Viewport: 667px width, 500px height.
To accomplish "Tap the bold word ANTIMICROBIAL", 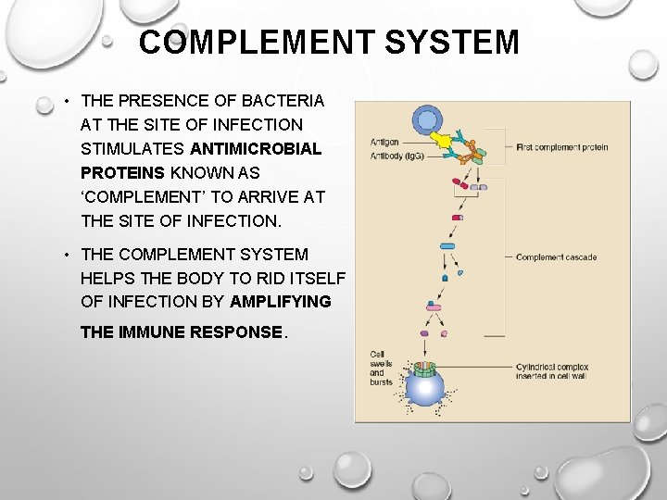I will (256, 148).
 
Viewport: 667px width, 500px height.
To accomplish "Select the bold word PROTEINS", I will (123, 172).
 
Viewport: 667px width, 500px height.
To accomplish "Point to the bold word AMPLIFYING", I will (281, 302).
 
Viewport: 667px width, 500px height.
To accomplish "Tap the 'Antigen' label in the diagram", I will (384, 142).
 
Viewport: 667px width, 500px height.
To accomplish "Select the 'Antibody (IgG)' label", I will (396, 156).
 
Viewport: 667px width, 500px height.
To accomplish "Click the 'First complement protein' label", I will (561, 147).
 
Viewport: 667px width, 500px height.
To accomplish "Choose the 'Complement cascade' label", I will (556, 257).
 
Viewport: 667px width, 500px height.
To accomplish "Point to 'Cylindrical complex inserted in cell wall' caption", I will (554, 371).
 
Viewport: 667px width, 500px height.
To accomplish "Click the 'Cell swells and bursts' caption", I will (381, 368).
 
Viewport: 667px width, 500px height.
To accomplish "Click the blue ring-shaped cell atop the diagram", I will (428, 119).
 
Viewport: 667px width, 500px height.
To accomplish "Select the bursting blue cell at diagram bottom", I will (425, 390).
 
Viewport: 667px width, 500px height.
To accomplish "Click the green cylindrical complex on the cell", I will (425, 369).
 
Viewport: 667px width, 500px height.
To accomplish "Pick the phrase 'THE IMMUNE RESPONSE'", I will (181, 331).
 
